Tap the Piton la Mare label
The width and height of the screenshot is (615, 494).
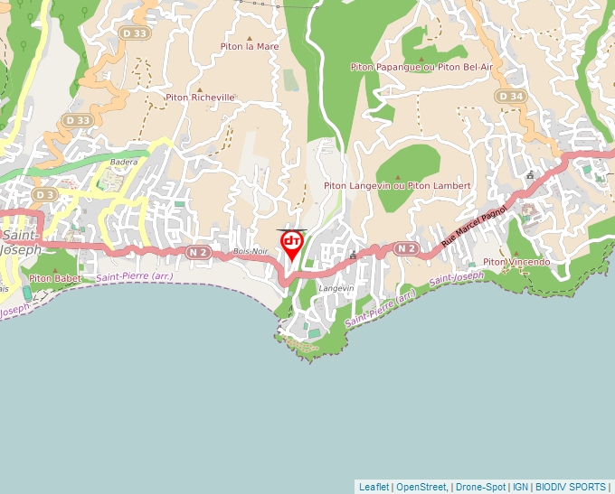pyautogui.click(x=250, y=46)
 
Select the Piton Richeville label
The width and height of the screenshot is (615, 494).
pyautogui.click(x=200, y=98)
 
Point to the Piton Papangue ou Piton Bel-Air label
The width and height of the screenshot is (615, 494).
pyautogui.click(x=421, y=67)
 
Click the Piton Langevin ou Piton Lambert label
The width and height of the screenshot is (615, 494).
pyautogui.click(x=397, y=186)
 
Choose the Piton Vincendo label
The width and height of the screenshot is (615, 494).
pyautogui.click(x=516, y=262)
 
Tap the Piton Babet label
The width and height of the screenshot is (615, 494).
pyautogui.click(x=54, y=278)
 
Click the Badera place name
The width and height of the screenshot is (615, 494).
pyautogui.click(x=123, y=163)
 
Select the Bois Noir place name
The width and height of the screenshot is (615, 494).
pyautogui.click(x=251, y=251)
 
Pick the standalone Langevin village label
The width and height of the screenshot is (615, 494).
pyautogui.click(x=336, y=288)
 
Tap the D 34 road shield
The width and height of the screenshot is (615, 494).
pyautogui.click(x=510, y=96)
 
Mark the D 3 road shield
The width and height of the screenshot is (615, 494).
pyautogui.click(x=43, y=194)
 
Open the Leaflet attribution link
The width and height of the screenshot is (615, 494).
pyautogui.click(x=374, y=487)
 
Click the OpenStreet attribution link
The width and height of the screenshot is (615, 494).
pyautogui.click(x=421, y=487)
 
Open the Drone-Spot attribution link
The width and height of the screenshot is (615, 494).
pyautogui.click(x=480, y=487)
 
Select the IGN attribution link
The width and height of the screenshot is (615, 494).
pyautogui.click(x=521, y=487)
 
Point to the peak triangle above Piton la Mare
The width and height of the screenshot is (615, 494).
pyautogui.click(x=250, y=38)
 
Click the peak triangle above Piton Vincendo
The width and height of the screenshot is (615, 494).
pyautogui.click(x=516, y=252)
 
